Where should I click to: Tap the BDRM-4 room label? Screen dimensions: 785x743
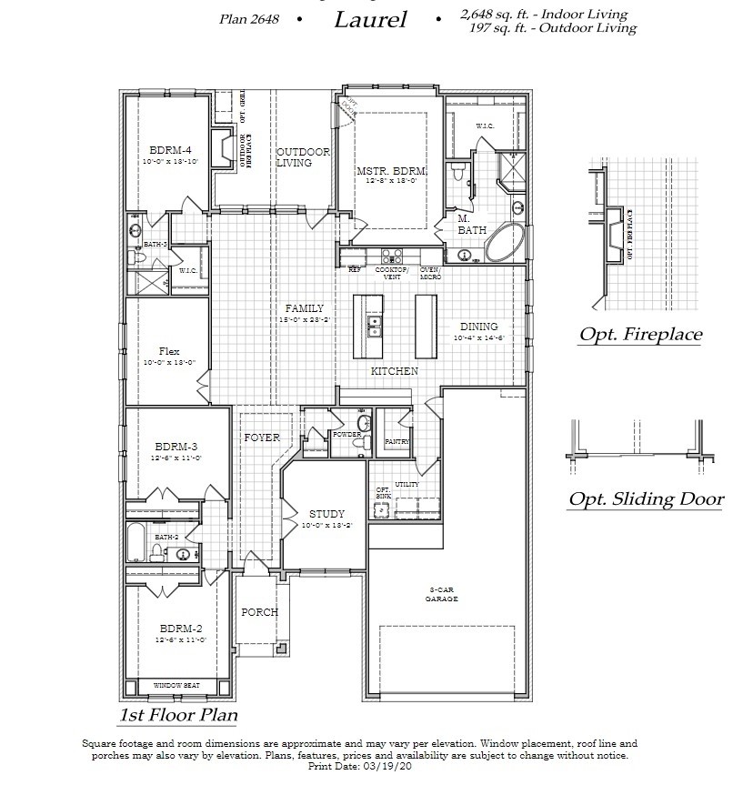(170, 150)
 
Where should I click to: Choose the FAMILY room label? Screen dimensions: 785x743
(304, 308)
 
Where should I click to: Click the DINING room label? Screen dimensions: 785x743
(478, 327)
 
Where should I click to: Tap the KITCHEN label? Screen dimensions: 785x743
(395, 371)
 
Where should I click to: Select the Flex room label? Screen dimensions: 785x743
(169, 351)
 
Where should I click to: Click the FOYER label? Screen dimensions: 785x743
(262, 438)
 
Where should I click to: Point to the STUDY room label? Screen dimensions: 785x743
(326, 514)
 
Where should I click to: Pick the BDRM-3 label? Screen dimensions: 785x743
(176, 447)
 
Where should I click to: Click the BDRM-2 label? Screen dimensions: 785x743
(180, 629)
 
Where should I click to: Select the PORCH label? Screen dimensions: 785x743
(259, 612)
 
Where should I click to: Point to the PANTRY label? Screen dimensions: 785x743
(397, 442)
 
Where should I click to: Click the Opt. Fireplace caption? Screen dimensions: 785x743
(640, 334)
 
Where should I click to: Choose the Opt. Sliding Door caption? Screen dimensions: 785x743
(646, 498)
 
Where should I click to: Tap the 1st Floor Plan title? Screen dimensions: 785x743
(178, 714)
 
